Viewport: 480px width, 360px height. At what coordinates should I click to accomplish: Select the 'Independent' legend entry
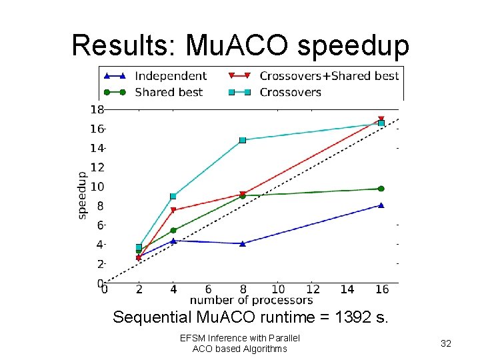(170, 76)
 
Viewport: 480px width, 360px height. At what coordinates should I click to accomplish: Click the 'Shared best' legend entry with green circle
(169, 92)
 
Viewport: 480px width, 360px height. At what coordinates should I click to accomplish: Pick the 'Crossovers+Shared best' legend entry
(329, 76)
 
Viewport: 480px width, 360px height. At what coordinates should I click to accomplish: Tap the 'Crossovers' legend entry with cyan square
(290, 92)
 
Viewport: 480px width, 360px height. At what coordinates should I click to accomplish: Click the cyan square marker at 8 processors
(243, 140)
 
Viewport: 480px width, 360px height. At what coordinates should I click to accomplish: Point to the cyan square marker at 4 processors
(173, 196)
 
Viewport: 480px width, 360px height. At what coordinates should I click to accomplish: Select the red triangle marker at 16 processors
(381, 120)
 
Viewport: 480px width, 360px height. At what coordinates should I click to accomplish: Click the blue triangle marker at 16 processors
(381, 205)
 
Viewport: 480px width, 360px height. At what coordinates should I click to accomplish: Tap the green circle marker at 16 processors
(381, 189)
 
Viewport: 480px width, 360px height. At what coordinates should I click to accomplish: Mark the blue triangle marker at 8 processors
(243, 243)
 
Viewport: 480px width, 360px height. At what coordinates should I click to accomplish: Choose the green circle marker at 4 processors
(173, 231)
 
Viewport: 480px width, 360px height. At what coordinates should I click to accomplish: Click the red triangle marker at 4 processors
(173, 211)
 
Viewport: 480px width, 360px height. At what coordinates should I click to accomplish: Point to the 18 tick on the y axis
(97, 109)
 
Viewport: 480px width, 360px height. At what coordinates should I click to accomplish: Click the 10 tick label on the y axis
(97, 187)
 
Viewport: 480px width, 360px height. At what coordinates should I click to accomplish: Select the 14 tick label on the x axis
(347, 290)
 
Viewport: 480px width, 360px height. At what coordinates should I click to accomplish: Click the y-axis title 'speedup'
(82, 195)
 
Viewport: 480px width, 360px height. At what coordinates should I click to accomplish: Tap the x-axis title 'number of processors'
(251, 301)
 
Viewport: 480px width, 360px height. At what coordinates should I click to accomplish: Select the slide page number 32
(447, 343)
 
